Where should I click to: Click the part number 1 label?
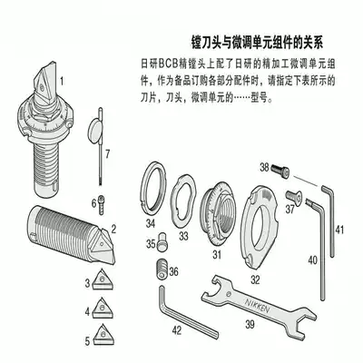point(63,81)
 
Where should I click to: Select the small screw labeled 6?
point(104,201)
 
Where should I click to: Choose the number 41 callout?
point(339,231)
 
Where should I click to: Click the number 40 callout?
point(311,260)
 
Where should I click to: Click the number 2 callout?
point(113,229)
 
